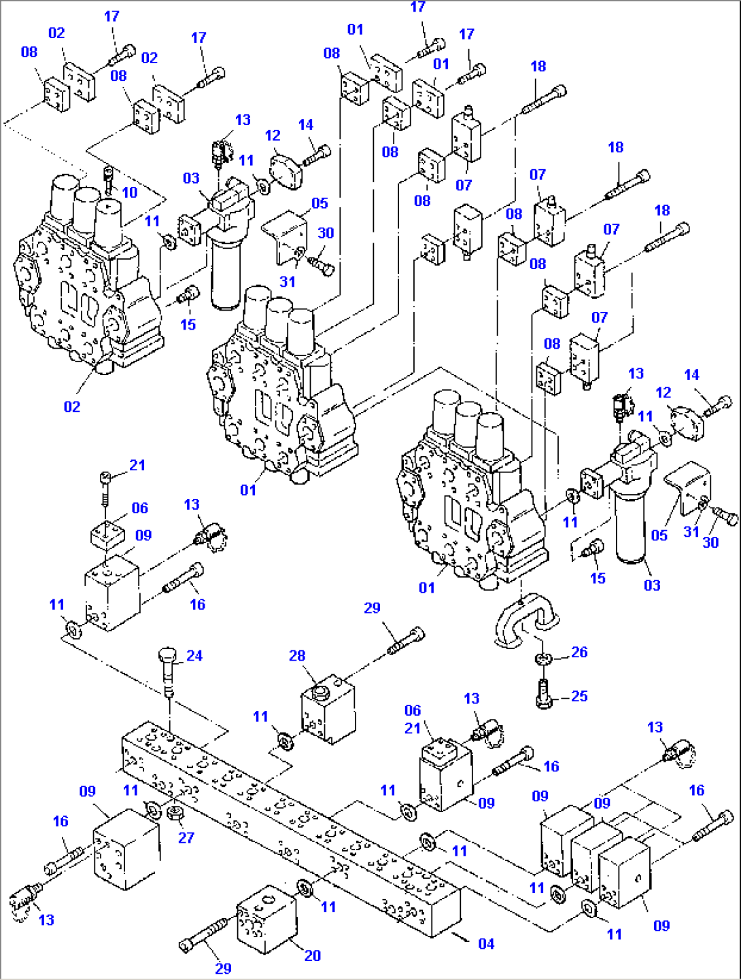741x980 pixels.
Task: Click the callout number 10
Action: [129, 193]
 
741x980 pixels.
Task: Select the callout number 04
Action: [486, 944]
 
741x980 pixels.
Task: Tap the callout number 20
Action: [312, 956]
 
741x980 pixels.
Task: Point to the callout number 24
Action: [194, 656]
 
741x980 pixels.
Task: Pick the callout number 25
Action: [579, 697]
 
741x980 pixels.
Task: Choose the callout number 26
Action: [579, 652]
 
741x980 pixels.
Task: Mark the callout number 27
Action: [186, 838]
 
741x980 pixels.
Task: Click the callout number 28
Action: [297, 656]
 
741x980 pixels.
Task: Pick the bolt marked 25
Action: [543, 694]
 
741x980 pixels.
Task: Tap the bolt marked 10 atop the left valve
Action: [109, 179]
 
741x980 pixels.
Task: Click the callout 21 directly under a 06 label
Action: [413, 729]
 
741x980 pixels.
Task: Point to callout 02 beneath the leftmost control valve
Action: [72, 407]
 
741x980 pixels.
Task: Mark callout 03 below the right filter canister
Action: [652, 585]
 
